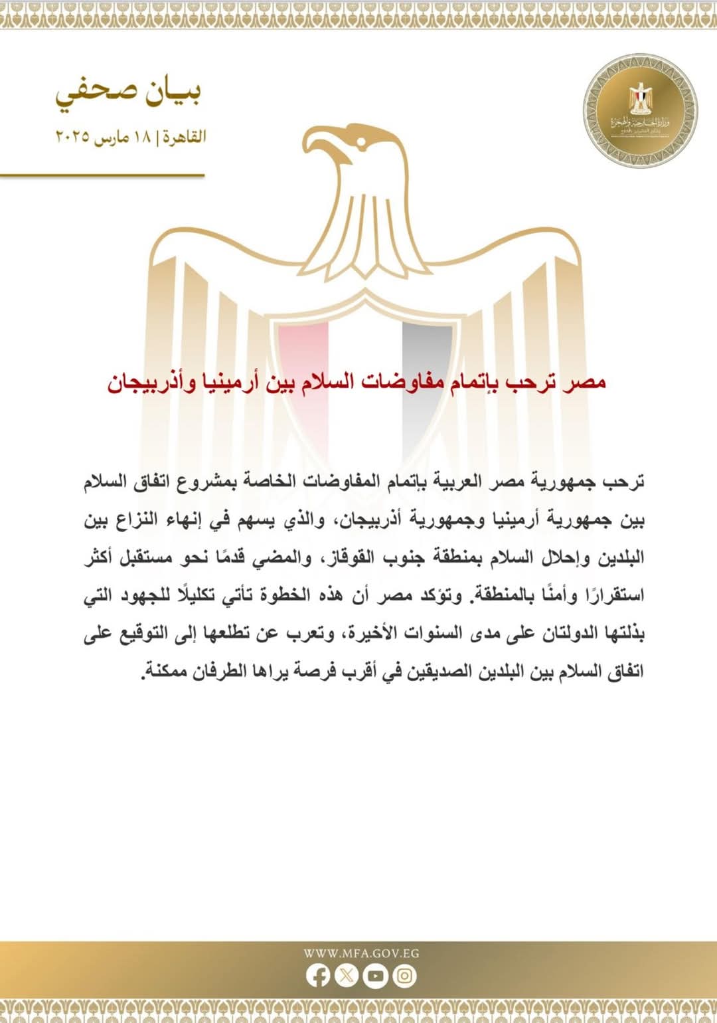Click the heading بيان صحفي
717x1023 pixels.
click(x=128, y=94)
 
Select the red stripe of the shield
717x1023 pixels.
click(x=303, y=372)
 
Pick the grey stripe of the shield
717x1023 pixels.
click(x=427, y=372)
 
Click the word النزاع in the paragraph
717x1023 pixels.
click(x=142, y=519)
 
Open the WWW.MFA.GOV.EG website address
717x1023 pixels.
click(x=361, y=953)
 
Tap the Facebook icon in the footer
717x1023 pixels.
click(x=318, y=975)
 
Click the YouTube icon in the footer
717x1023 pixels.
click(x=375, y=975)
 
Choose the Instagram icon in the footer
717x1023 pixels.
click(x=404, y=975)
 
